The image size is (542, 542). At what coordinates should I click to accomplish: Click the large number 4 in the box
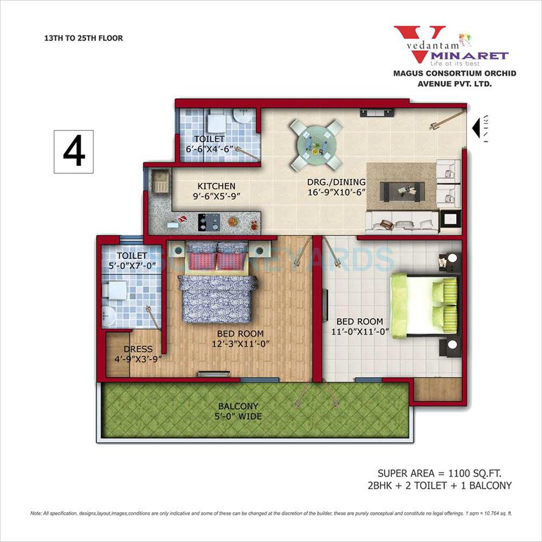[74, 152]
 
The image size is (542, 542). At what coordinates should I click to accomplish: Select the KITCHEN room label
[201, 186]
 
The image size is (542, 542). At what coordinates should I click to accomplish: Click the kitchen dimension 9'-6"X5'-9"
[201, 197]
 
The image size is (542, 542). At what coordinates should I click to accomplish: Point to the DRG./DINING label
[336, 182]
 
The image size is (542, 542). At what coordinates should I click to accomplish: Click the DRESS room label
[138, 349]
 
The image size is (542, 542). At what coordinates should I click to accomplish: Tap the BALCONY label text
[238, 406]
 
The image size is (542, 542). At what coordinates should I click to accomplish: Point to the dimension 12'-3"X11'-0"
[240, 344]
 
